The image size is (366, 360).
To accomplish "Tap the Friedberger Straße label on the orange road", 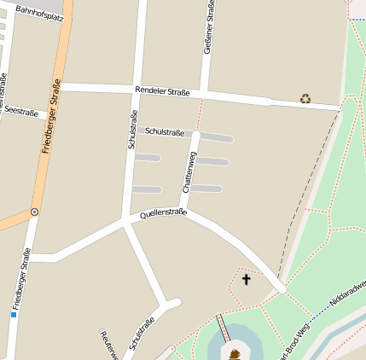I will click(x=52, y=115).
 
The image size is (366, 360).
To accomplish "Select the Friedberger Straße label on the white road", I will click(x=22, y=278).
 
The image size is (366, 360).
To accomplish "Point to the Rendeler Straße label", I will click(x=162, y=90).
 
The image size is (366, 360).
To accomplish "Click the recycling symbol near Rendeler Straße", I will click(x=305, y=98).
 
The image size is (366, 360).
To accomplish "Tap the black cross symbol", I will click(x=247, y=279).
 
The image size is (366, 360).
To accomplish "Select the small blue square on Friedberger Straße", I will click(x=14, y=315).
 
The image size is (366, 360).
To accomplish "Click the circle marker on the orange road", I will click(x=34, y=211).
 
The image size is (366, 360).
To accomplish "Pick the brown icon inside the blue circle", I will click(x=235, y=352).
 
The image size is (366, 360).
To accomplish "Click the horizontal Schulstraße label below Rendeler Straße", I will click(x=165, y=131).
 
